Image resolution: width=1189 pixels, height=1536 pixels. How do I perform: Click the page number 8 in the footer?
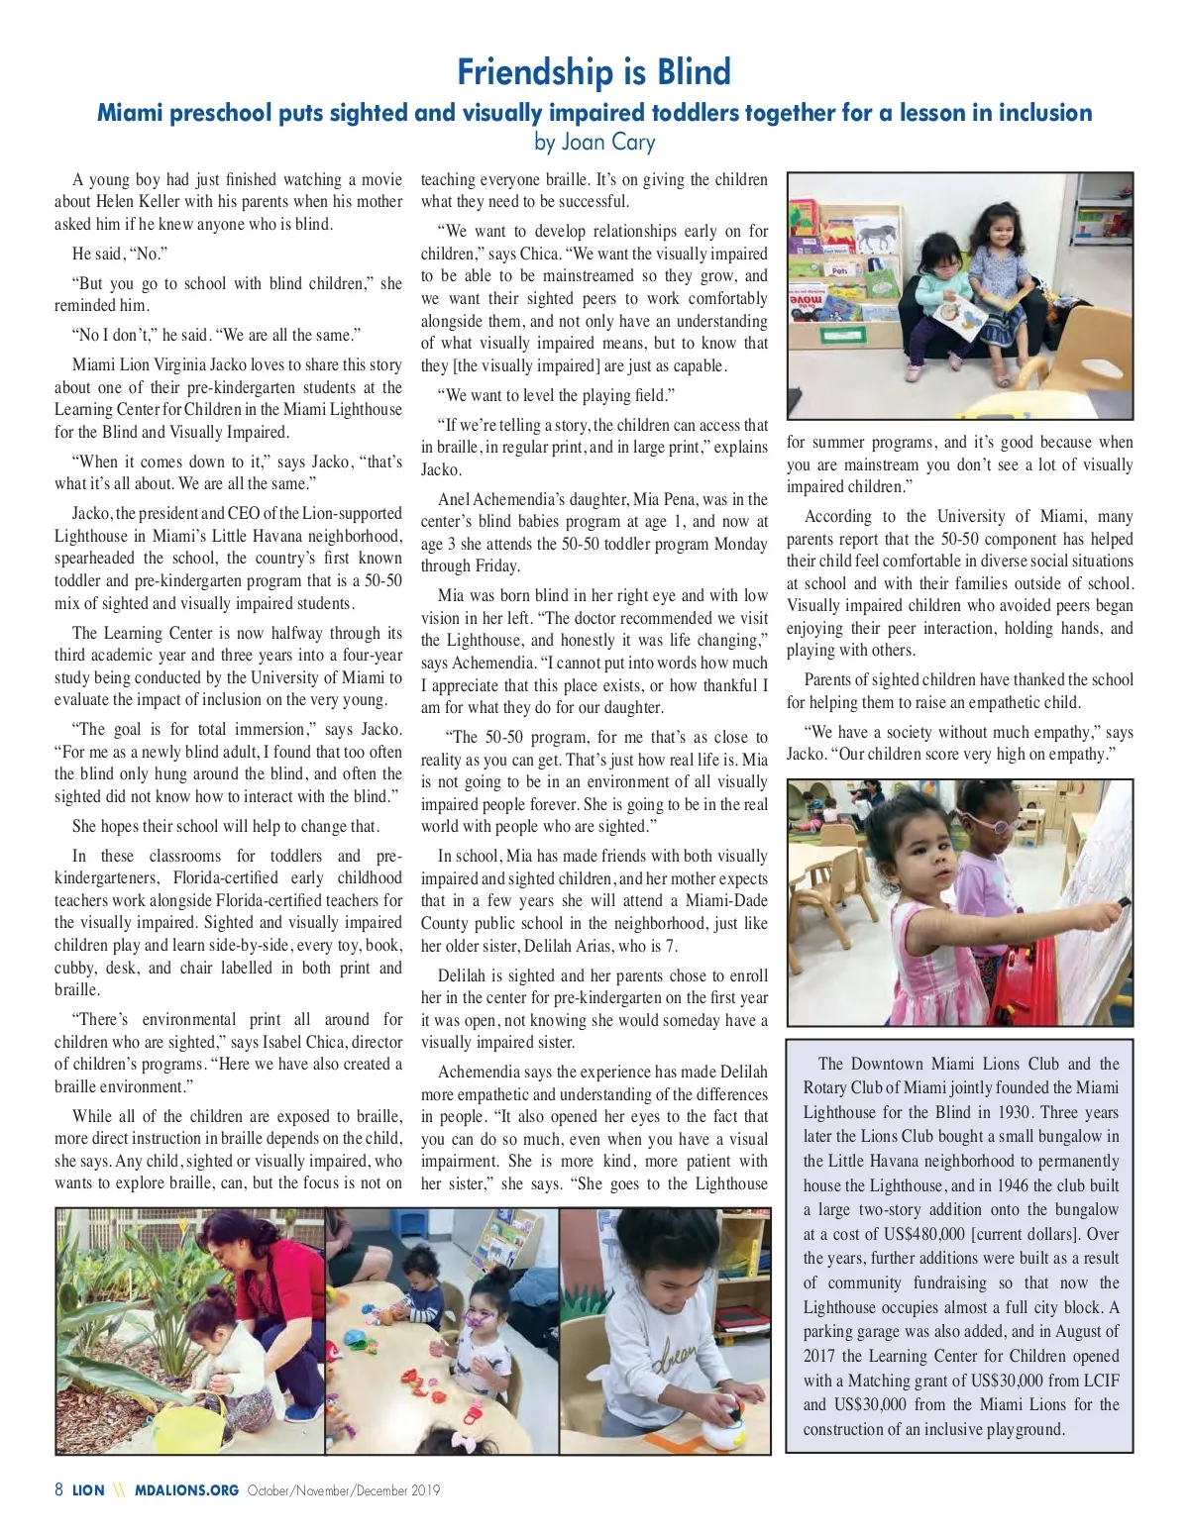coord(59,1490)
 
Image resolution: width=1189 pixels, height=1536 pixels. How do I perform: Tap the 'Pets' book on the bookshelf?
coord(839,269)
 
